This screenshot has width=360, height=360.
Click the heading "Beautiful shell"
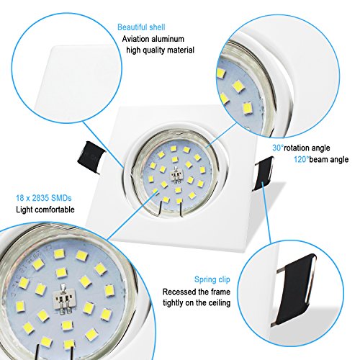pos(141,27)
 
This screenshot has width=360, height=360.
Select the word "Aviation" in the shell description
pos(135,39)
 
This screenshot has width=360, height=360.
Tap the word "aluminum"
pos(167,39)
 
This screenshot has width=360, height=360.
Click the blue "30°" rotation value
pos(278,148)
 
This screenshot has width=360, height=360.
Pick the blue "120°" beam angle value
pos(302,159)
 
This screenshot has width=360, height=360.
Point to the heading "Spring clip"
pos(212,280)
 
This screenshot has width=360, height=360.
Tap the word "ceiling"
pos(218,303)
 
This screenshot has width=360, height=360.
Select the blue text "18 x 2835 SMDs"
pos(44,198)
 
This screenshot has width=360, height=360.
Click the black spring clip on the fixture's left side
pos(91,158)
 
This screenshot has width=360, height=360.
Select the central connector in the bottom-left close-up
pos(64,300)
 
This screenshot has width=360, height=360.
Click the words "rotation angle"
pos(307,148)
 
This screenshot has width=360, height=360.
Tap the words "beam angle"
pos(329,159)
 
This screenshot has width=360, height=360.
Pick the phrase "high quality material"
pos(160,50)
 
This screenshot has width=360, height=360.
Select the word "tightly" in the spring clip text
pos(174,303)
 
